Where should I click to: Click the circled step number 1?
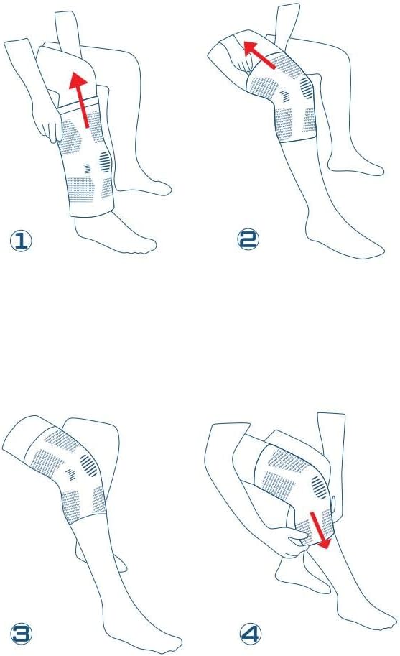[x=21, y=241]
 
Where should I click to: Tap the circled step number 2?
[x=248, y=240]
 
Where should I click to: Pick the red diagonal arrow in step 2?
[x=259, y=55]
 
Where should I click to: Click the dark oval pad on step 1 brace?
[x=105, y=162]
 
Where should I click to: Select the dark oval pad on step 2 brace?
[x=307, y=88]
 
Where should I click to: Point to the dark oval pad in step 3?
[x=90, y=466]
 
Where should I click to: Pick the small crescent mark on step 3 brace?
[x=72, y=474]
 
